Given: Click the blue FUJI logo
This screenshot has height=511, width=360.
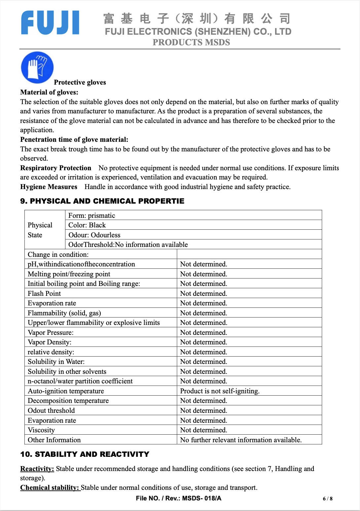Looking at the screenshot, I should click(50, 22).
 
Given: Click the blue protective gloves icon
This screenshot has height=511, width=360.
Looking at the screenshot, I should click(37, 67).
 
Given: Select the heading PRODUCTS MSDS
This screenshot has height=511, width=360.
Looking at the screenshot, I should click(191, 42).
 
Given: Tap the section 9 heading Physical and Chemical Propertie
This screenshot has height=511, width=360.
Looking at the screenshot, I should click(102, 201).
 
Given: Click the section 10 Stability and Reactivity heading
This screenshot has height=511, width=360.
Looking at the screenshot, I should click(85, 454).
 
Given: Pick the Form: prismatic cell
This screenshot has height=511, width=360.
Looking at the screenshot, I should click(92, 216).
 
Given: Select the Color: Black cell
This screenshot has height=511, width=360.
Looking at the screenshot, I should click(87, 225).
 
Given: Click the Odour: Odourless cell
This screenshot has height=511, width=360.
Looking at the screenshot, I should click(94, 235).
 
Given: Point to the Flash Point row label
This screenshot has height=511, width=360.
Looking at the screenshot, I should click(44, 294).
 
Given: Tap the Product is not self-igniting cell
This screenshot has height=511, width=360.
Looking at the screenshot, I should click(220, 391).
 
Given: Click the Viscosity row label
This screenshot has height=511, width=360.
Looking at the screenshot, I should click(41, 430).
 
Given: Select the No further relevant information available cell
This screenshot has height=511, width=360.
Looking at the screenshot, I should click(241, 440).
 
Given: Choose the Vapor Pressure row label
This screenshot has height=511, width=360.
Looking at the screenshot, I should click(51, 333).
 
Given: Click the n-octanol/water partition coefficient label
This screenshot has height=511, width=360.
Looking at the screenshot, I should click(80, 381).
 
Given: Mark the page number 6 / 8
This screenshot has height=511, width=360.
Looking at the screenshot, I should click(328, 499).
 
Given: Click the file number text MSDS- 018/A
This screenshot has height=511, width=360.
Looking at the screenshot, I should click(202, 498).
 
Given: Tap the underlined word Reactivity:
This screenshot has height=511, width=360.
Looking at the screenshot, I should click(37, 469).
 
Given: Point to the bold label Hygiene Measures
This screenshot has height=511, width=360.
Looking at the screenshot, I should click(49, 187).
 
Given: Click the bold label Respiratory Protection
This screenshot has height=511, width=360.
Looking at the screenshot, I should click(55, 168).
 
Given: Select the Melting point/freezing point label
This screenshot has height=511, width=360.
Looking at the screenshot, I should click(69, 274).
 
